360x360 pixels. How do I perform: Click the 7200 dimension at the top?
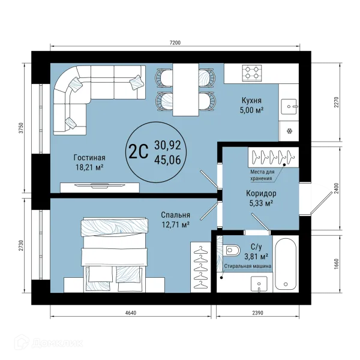pyautogui.click(x=175, y=43)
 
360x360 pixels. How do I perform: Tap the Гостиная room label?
pyautogui.click(x=89, y=158)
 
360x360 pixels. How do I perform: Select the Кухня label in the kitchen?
pyautogui.click(x=251, y=100)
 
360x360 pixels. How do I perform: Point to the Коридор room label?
pyautogui.click(x=261, y=194)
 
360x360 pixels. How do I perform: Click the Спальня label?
pyautogui.click(x=175, y=215)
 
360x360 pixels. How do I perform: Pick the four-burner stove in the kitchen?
pyautogui.click(x=252, y=73)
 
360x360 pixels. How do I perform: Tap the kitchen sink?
pyautogui.click(x=290, y=107)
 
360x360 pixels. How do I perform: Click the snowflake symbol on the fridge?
pyautogui.click(x=290, y=131)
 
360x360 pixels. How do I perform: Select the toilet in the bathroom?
pyautogui.click(x=232, y=250)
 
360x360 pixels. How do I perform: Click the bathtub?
pyautogui.click(x=286, y=264)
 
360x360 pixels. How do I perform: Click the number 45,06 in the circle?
pyautogui.click(x=167, y=160)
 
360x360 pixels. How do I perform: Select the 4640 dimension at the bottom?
pyautogui.click(x=131, y=313)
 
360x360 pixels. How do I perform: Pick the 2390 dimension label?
pyautogui.click(x=257, y=313)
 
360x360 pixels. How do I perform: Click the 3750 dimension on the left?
pyautogui.click(x=21, y=128)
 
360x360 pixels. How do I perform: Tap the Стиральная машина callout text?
pyautogui.click(x=248, y=266)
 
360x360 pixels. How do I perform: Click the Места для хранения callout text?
pyautogui.click(x=262, y=175)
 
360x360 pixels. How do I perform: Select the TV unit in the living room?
pyautogui.click(x=100, y=187)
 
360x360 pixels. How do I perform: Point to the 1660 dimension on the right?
pyautogui.click(x=337, y=264)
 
